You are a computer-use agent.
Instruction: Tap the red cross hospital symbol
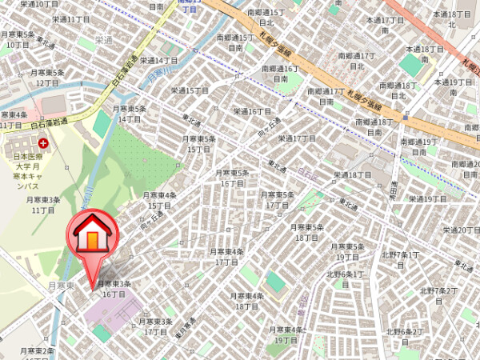(42, 142)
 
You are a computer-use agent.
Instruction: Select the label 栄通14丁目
(159, 60)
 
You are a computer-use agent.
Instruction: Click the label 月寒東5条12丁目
(46, 78)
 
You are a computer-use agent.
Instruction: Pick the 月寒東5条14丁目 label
(129, 114)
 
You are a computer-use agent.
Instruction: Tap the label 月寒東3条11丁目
(43, 205)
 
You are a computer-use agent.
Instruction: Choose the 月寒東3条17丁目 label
(155, 326)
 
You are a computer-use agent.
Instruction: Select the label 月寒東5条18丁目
(307, 233)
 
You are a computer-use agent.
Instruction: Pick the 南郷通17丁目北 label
(357, 61)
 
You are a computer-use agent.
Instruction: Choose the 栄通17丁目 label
(297, 138)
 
